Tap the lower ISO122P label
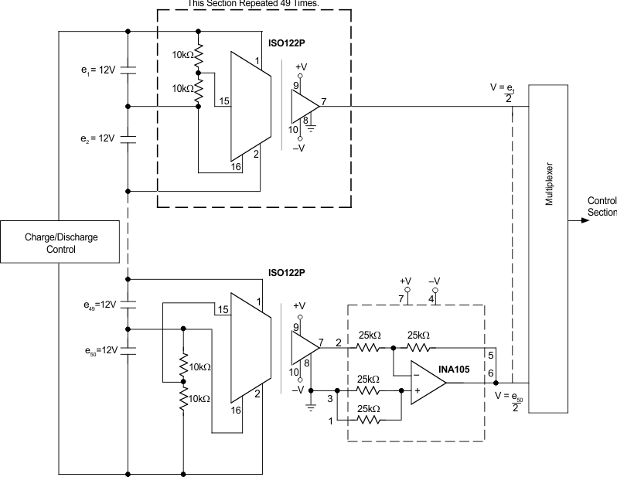pos(287,273)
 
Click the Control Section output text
pos(602,206)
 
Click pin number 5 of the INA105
pos(490,355)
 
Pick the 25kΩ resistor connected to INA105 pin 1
pos(368,421)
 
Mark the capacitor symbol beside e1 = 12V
pos(128,70)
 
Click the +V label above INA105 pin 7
pos(404,281)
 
